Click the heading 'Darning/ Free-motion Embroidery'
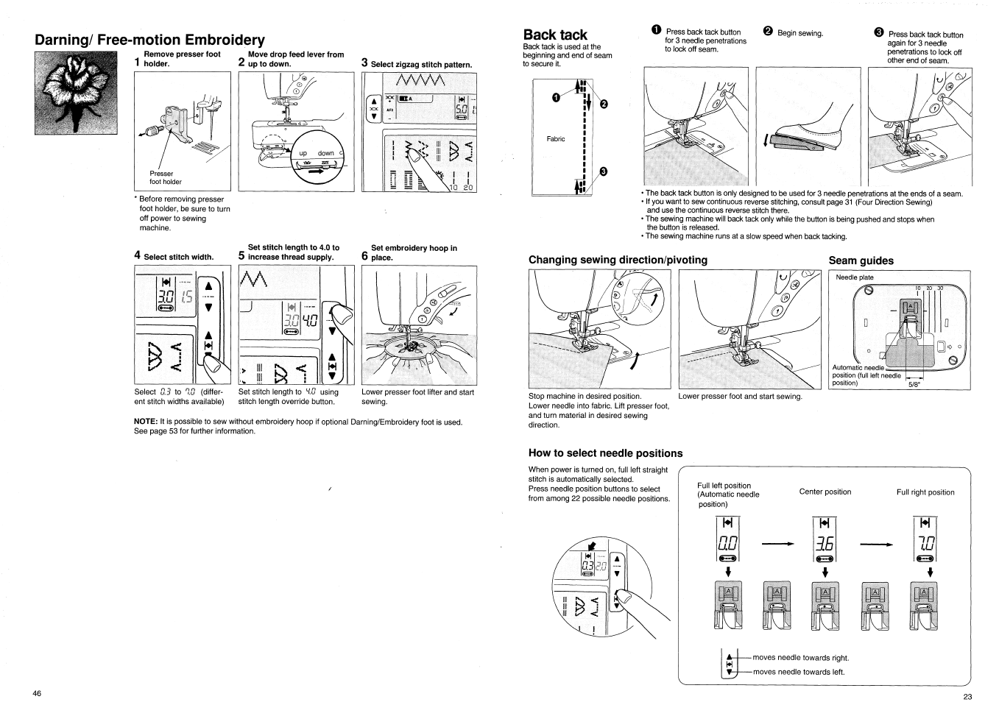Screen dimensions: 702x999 coord(149,40)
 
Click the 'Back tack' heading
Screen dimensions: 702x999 coord(555,35)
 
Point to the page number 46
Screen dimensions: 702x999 coord(37,693)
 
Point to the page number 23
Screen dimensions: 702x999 coord(967,696)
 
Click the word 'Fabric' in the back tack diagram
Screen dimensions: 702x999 coord(556,139)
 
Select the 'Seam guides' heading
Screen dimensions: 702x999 coord(861,260)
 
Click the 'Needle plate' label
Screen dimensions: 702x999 coord(854,277)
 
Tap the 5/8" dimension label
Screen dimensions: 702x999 coord(917,383)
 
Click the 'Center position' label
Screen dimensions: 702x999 coord(825,492)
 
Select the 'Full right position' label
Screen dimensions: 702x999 coord(925,492)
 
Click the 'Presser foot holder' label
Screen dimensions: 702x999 coord(165,178)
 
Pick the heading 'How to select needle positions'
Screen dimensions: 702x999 coord(605,453)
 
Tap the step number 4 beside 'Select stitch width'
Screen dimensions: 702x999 coord(138,255)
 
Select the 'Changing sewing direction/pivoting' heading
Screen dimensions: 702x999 coord(618,260)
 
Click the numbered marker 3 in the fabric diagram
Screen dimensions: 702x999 coord(604,172)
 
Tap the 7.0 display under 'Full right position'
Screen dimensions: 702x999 coord(923,545)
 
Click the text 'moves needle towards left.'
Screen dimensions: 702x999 coord(799,672)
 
